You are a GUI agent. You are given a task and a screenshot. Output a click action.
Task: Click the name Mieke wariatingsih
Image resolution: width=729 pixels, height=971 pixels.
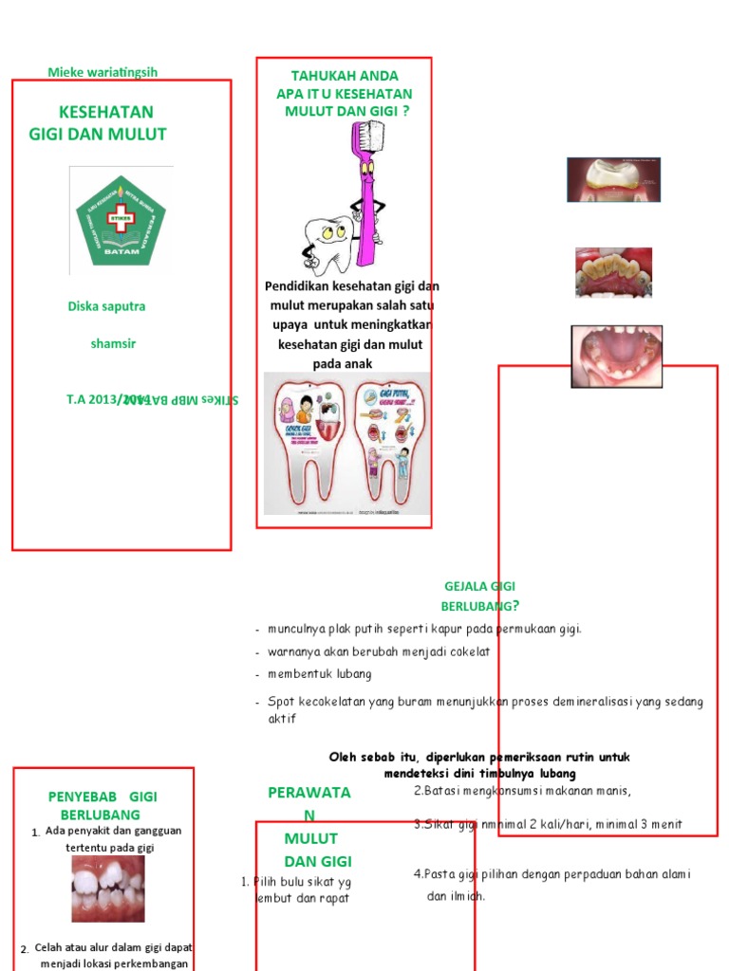[x=103, y=72]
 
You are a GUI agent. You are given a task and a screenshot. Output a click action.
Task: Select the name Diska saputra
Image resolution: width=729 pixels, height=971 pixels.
[x=106, y=306]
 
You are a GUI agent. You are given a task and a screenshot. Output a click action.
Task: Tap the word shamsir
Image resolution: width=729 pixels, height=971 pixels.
[x=113, y=344]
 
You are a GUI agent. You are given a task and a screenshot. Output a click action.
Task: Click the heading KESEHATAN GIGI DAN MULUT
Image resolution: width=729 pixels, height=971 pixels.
[x=99, y=123]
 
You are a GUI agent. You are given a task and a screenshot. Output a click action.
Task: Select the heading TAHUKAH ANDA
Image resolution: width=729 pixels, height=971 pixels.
[x=345, y=76]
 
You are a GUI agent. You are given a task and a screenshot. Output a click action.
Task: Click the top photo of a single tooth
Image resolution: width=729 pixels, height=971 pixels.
[x=613, y=180]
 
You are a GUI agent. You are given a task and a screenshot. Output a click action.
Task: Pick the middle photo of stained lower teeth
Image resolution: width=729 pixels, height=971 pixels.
[x=613, y=273]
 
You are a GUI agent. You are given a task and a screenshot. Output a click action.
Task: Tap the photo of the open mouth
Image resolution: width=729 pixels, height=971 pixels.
[x=616, y=356]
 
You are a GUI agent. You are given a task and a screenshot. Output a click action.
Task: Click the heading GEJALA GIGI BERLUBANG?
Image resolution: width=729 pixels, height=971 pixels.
[x=479, y=596]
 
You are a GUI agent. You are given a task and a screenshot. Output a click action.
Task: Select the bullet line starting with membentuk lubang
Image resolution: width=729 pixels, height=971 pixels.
[x=320, y=674]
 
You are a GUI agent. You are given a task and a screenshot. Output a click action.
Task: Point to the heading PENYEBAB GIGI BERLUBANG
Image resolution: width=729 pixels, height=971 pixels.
[x=102, y=805]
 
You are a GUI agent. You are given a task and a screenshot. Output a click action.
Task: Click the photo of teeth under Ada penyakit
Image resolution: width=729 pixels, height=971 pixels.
[x=108, y=889]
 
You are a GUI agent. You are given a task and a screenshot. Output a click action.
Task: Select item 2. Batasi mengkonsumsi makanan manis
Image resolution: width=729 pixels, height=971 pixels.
[x=523, y=791]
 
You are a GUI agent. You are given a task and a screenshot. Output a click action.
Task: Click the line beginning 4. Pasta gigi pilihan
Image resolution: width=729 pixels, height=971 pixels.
[x=552, y=874]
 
